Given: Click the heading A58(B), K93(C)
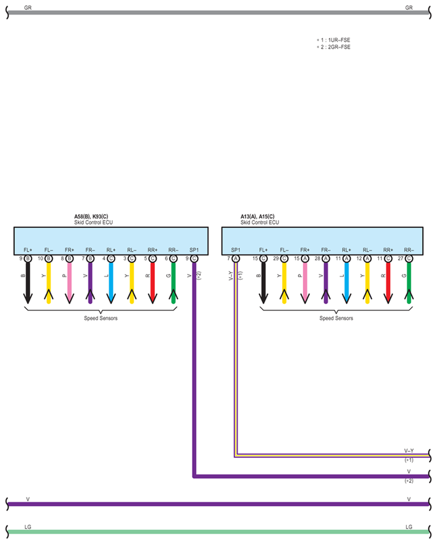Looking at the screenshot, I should pos(91,216).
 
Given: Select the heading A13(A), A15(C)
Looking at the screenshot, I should pos(257,216).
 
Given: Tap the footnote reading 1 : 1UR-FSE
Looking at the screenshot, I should pos(336,40).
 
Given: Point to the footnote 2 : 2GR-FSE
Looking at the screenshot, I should pos(336,47).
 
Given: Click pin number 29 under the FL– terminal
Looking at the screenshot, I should pos(275,258).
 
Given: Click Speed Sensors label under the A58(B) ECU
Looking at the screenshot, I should pos(101,318).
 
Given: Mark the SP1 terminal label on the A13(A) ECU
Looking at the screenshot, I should pos(235,250).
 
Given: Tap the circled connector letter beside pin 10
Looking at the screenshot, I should pos(49,258).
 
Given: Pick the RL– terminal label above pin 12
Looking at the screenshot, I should pos(367,250).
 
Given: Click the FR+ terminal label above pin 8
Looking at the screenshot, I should pos(69,250).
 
